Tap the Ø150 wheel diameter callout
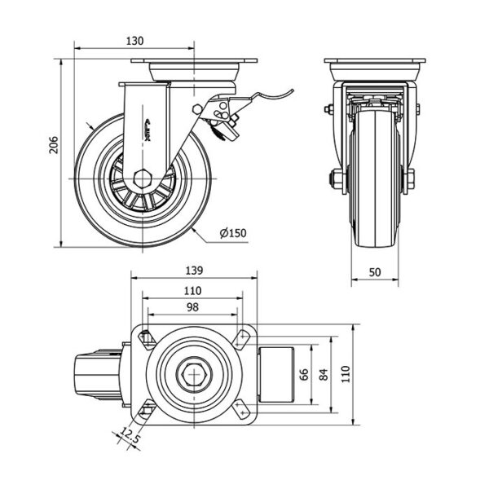pos(232,234)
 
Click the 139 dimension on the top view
pos(193,271)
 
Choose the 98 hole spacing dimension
pos(193,308)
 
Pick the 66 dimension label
pos(305,374)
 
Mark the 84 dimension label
pos(324,374)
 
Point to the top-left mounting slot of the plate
pos(147,338)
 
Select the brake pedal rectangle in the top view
pos(275,375)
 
